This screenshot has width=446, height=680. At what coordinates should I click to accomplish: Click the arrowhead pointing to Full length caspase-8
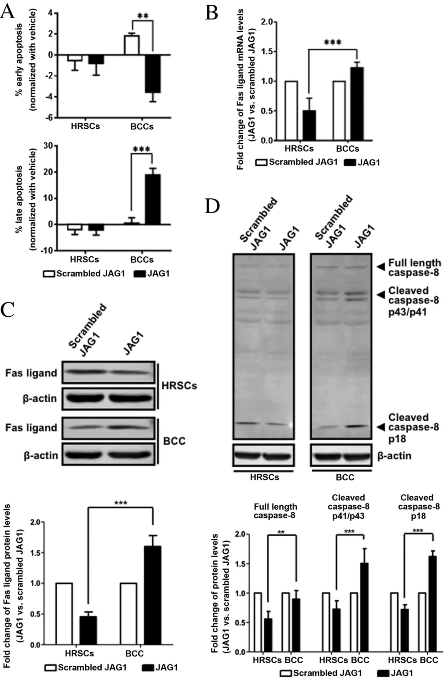coord(380,267)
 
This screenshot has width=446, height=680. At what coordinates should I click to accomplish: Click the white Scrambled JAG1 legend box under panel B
coord(261,163)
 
